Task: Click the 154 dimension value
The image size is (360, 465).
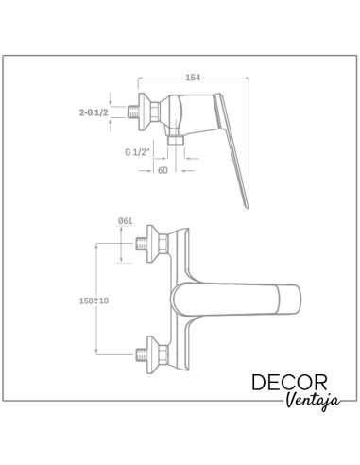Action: tap(193, 77)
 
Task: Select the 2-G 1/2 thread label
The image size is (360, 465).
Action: tap(94, 112)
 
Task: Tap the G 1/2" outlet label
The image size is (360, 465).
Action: tap(137, 152)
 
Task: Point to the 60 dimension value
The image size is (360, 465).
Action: tap(163, 170)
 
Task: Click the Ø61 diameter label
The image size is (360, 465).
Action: tap(126, 221)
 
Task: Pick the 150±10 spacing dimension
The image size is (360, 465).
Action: tap(94, 301)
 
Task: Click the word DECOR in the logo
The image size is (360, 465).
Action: tap(289, 383)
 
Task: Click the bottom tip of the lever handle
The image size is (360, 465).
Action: tap(248, 208)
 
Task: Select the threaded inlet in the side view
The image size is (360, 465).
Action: tap(133, 112)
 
